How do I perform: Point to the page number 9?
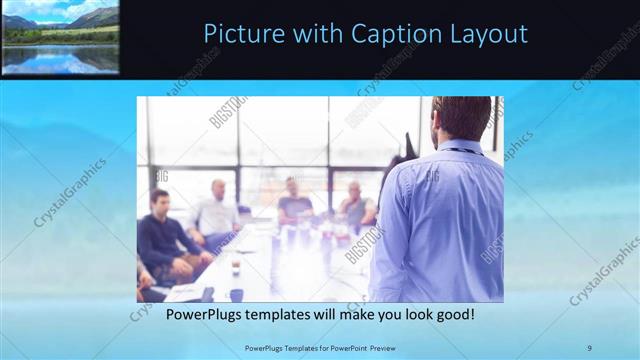tap(590, 347)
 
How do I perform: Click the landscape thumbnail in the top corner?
tap(60, 36)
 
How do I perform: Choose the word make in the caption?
tap(348, 315)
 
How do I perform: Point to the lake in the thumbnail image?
tap(60, 58)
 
